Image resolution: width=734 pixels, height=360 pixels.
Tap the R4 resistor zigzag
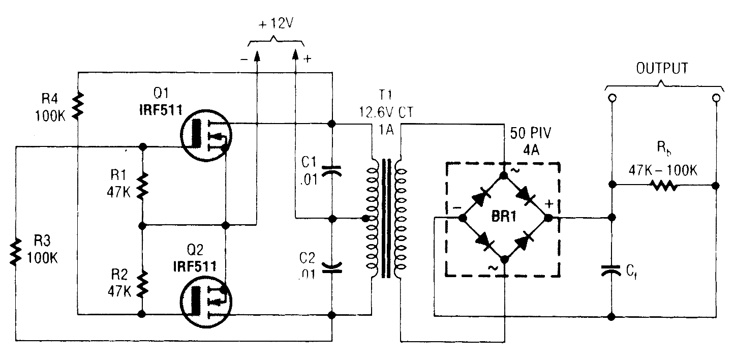78,106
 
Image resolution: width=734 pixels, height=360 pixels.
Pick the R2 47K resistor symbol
143,283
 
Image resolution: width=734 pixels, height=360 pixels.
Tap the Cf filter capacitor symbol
611,271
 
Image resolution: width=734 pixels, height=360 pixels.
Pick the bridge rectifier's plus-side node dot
548,218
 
